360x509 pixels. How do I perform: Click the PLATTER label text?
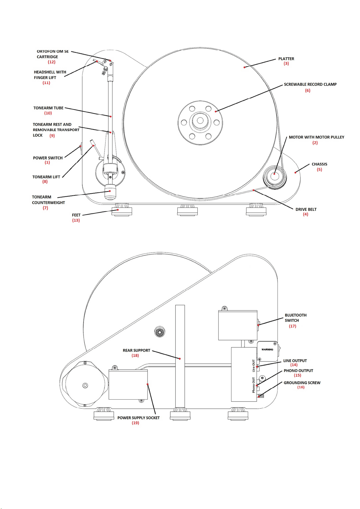286,59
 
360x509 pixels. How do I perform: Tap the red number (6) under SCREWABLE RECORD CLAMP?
307,90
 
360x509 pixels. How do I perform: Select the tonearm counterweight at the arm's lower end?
110,192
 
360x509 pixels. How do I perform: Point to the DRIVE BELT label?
306,209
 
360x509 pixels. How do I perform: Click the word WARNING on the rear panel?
267,350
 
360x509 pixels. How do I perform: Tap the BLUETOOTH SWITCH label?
296,318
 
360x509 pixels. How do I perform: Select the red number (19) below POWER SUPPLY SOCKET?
135,423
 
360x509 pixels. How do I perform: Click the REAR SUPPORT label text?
136,350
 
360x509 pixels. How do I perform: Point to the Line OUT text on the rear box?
254,366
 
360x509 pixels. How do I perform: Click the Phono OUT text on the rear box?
254,385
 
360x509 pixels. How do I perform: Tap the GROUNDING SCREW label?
302,383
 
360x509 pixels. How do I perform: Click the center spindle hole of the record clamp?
200,120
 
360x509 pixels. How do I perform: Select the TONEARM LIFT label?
46,177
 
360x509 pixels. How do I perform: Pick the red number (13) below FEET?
76,220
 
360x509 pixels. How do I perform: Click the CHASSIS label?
319,164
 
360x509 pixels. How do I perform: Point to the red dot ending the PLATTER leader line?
245,67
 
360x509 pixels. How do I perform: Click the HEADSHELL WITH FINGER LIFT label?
50,75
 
